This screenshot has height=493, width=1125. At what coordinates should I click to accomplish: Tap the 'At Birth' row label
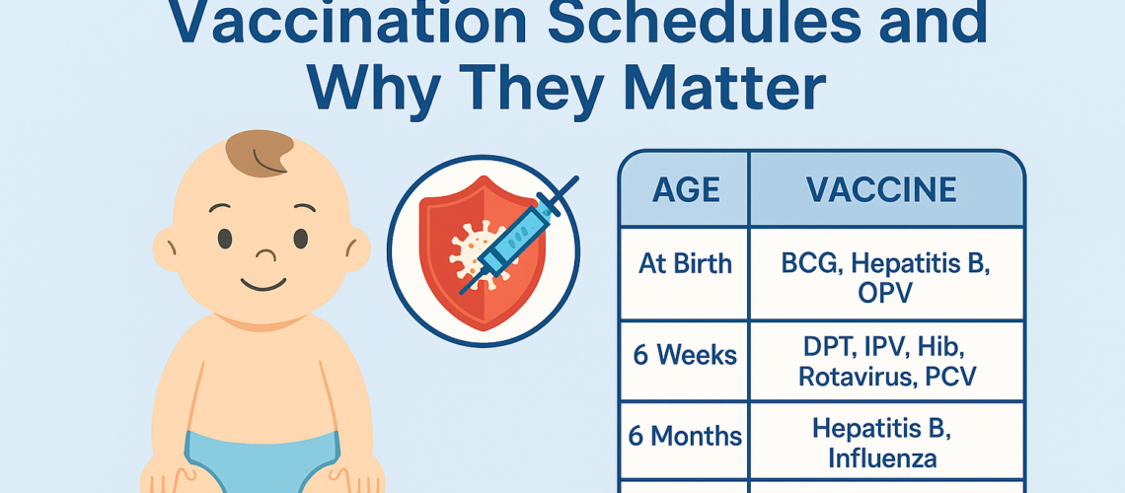(684, 264)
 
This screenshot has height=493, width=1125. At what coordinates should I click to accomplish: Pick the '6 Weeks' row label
(684, 355)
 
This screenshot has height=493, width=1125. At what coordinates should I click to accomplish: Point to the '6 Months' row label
(684, 436)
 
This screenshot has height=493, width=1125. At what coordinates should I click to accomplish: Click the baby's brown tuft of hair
(259, 153)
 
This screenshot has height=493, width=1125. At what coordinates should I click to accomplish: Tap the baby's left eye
(225, 238)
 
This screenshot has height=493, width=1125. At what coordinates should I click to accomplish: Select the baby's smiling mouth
(261, 286)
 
